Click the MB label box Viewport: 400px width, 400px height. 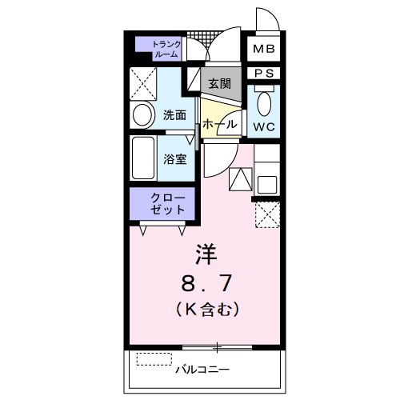tap(263, 50)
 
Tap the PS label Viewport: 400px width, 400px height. tap(263, 74)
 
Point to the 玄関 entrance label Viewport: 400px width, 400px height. tap(220, 82)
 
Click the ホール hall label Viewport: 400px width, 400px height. tap(218, 125)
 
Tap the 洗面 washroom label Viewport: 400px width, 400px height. tap(174, 114)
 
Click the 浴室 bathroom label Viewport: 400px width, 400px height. tap(175, 158)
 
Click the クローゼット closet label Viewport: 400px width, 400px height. tap(168, 203)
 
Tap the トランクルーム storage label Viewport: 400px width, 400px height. tap(166, 50)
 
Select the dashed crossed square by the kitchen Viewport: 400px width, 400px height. tap(267, 214)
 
